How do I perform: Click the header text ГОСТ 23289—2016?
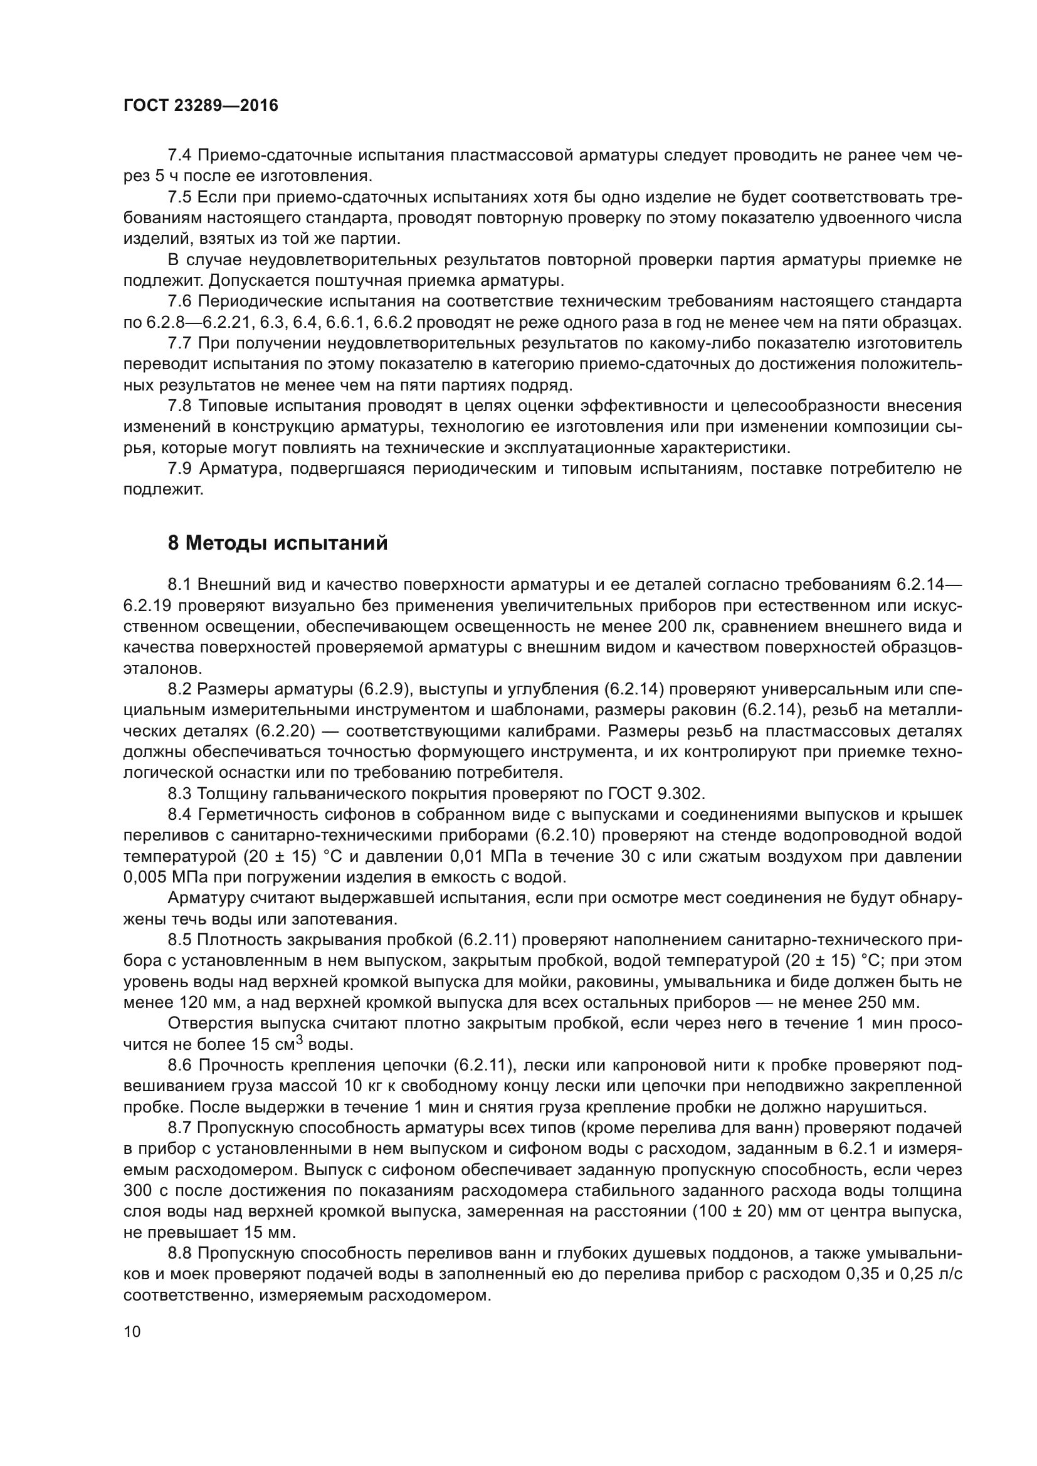click(x=201, y=106)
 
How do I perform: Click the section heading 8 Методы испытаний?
click(x=278, y=543)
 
